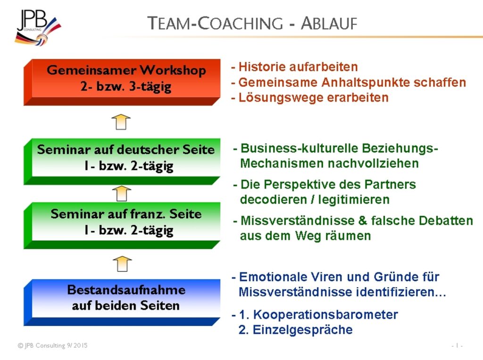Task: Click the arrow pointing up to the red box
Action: point(121,122)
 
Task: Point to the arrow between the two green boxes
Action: point(121,194)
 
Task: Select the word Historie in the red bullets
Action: point(260,67)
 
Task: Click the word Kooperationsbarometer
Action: point(325,314)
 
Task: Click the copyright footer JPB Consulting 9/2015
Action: point(52,346)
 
